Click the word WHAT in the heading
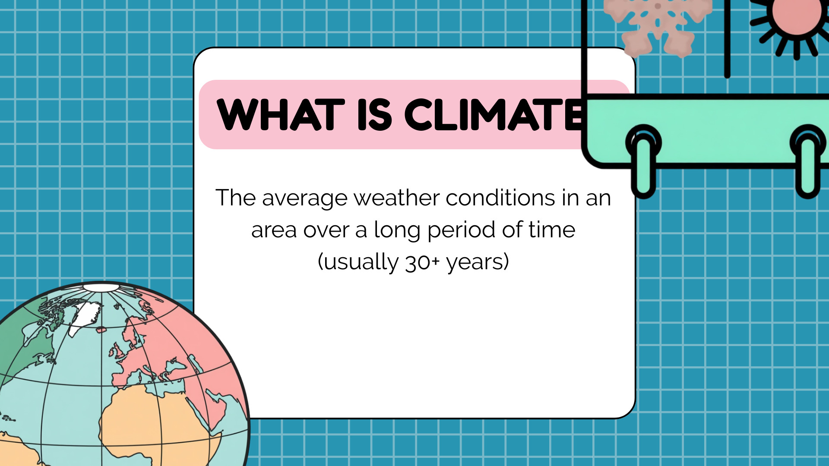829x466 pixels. click(x=281, y=114)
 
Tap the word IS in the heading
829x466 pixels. click(x=375, y=114)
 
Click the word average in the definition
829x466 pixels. click(x=304, y=199)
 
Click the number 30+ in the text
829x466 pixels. click(x=422, y=262)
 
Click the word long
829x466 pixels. click(x=397, y=230)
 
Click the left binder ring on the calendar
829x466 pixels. click(x=643, y=162)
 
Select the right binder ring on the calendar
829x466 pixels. click(x=808, y=162)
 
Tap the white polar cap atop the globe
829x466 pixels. click(x=101, y=287)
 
